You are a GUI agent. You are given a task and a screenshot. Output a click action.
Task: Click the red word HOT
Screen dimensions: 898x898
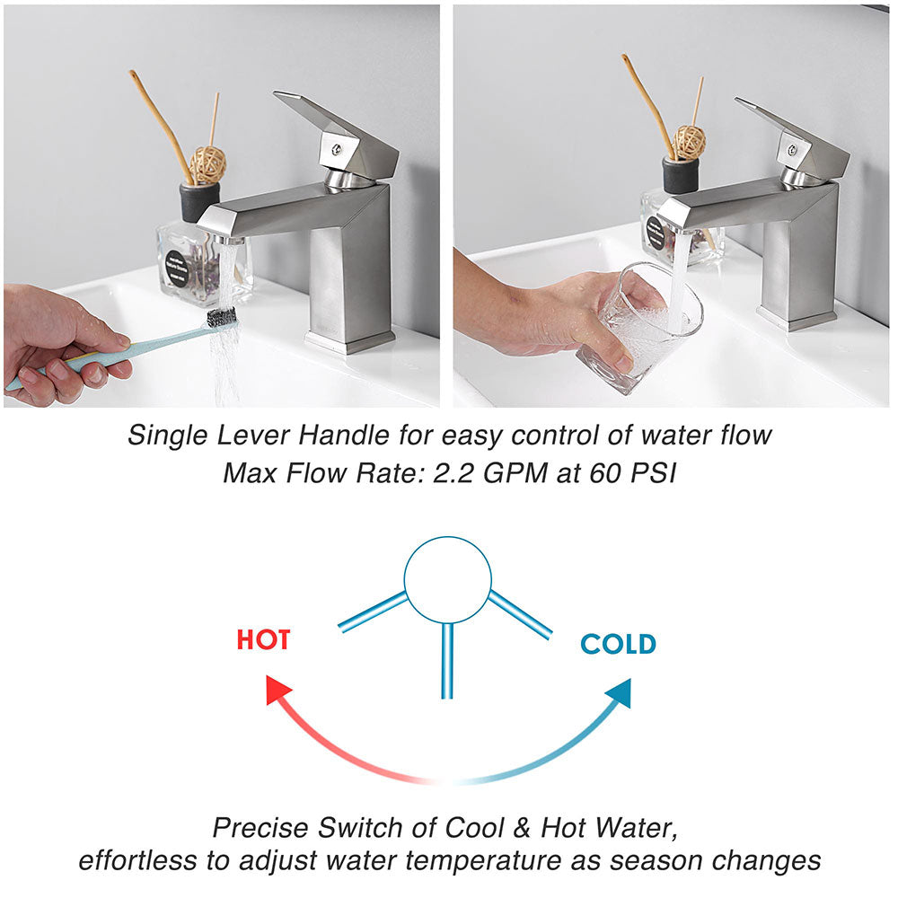pos(263,640)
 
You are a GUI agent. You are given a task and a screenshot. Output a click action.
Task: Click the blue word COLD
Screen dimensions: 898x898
pos(618,644)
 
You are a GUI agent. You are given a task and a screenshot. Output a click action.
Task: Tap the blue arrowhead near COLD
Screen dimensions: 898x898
pos(617,692)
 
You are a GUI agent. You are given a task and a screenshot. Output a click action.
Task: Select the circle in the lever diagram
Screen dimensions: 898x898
pos(447,580)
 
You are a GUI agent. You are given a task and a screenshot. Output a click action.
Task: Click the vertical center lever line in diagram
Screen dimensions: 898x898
pos(447,660)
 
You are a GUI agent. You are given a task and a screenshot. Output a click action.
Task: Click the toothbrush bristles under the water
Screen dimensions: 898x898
pos(222,316)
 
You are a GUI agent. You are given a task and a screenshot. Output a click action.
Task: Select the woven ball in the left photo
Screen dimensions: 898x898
pos(207,164)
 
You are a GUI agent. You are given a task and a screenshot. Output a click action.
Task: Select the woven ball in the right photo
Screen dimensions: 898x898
pos(689,142)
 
